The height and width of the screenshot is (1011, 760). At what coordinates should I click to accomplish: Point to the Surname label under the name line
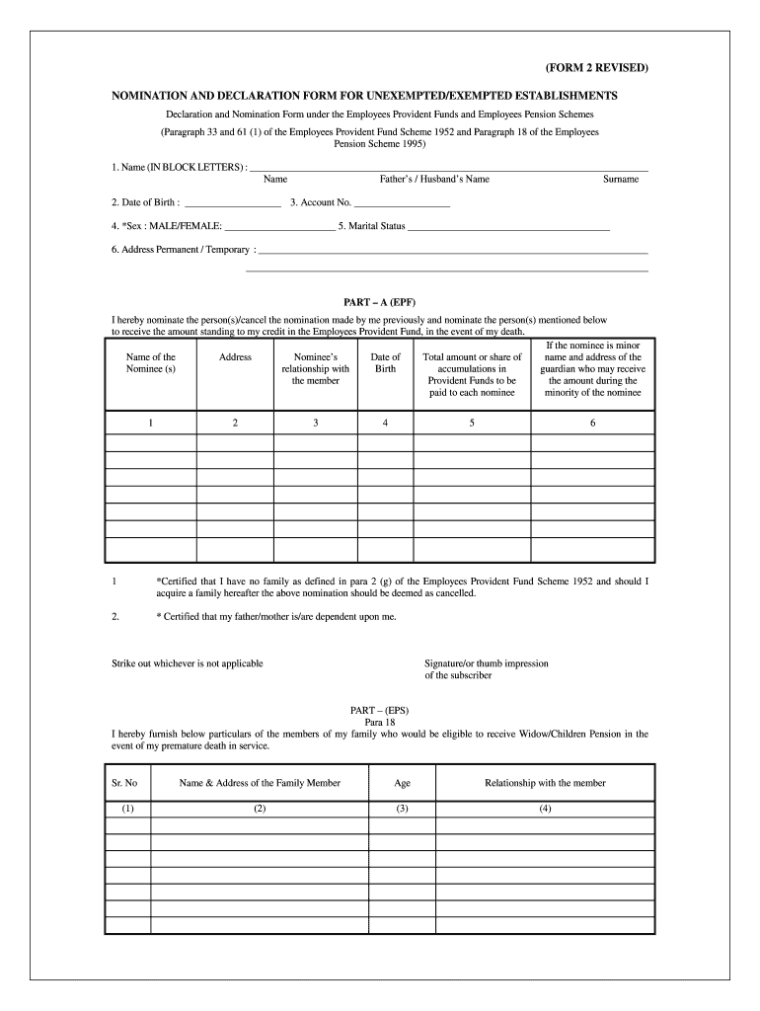tap(621, 180)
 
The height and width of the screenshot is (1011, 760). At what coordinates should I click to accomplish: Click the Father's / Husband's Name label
tap(434, 180)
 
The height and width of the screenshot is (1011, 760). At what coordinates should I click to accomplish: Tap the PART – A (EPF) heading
tap(380, 302)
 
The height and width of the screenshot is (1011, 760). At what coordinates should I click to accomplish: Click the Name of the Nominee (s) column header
tap(151, 363)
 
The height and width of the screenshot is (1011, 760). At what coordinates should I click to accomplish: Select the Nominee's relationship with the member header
tap(316, 369)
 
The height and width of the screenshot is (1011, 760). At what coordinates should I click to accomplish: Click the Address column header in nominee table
tap(235, 357)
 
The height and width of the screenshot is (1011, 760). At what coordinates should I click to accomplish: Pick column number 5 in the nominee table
tap(472, 423)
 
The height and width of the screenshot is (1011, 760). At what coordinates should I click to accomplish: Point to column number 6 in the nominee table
tap(593, 423)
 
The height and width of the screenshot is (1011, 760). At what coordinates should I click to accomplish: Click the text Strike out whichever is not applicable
tap(188, 663)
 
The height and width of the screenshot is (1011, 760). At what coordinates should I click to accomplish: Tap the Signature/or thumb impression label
tap(486, 663)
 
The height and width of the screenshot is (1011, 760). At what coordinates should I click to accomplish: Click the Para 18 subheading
tap(380, 722)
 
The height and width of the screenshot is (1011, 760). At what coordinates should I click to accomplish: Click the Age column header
tap(402, 783)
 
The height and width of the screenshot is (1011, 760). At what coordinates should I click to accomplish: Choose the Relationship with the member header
tap(545, 783)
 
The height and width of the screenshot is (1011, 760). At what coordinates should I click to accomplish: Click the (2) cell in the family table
tap(260, 809)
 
